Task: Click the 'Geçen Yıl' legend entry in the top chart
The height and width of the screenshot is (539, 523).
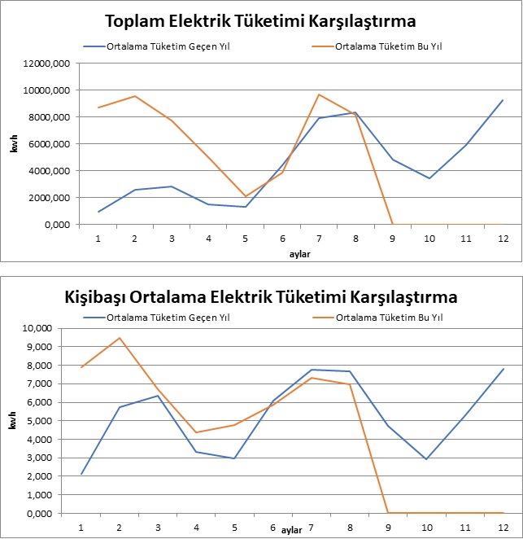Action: click(x=168, y=46)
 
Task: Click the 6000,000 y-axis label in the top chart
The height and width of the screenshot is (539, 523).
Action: click(x=50, y=143)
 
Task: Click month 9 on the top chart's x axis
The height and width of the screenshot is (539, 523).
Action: click(x=392, y=239)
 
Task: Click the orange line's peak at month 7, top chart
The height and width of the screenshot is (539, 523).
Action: click(x=319, y=94)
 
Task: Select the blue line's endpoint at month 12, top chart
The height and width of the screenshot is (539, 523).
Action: click(x=503, y=100)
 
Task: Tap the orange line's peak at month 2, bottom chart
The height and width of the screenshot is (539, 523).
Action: click(x=119, y=338)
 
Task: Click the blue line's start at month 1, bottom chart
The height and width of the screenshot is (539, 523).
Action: click(x=81, y=474)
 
